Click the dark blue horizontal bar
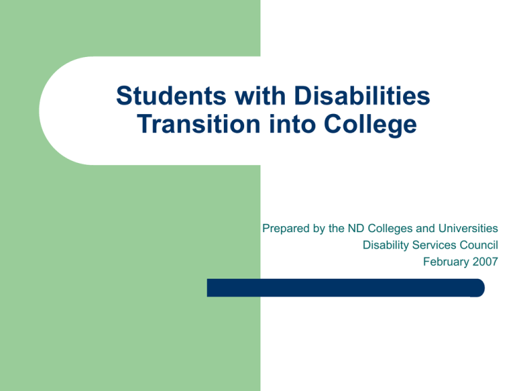[339, 288]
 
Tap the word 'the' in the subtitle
[339, 229]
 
